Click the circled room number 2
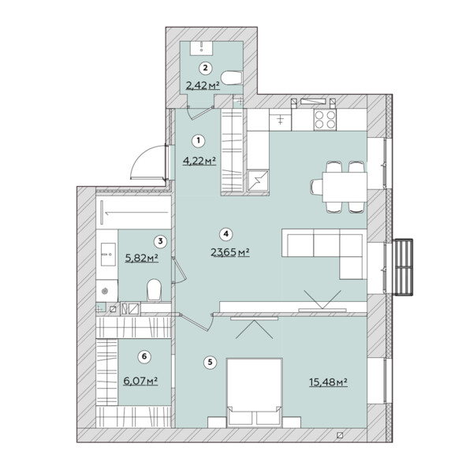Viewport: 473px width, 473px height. click(206, 68)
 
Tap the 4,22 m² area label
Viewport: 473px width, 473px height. click(199, 161)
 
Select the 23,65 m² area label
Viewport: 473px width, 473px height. click(230, 251)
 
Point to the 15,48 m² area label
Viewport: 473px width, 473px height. click(328, 382)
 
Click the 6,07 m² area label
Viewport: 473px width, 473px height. click(140, 381)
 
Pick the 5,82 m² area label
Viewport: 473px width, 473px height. click(141, 258)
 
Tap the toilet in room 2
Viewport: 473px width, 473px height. click(232, 78)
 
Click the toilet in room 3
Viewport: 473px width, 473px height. click(155, 290)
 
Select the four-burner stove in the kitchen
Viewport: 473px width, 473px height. click(325, 120)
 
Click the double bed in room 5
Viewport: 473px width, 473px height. click(255, 393)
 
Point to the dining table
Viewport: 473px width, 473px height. click(345, 187)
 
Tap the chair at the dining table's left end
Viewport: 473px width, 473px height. click(316, 187)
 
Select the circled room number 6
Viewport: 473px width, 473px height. click(144, 356)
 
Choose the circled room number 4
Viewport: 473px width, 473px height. click(226, 234)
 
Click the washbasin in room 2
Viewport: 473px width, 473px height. click(201, 48)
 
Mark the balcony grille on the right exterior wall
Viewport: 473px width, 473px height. click(403, 267)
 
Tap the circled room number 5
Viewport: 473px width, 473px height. click(210, 362)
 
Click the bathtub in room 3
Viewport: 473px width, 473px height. click(134, 212)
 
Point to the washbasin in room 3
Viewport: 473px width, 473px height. click(108, 255)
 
